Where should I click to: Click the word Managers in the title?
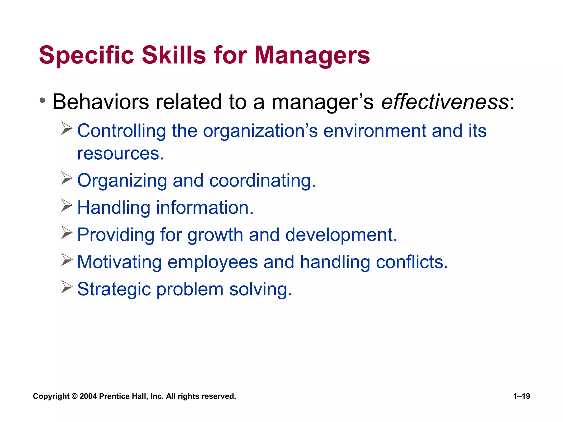(x=312, y=55)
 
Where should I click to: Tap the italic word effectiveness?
(x=445, y=102)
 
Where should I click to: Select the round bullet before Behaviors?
(x=42, y=100)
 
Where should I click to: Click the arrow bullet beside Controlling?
(x=67, y=128)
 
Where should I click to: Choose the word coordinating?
(x=263, y=181)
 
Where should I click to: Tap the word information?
(x=205, y=207)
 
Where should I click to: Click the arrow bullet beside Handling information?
(x=67, y=205)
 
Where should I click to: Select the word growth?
(x=215, y=235)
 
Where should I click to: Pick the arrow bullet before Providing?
(x=67, y=232)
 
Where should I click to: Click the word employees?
(x=212, y=262)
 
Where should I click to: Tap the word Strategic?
(x=114, y=290)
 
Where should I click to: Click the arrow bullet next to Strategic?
(x=67, y=287)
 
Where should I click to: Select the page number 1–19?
(x=521, y=396)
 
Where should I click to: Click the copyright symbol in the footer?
(x=74, y=396)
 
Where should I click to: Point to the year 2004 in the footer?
(x=88, y=396)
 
